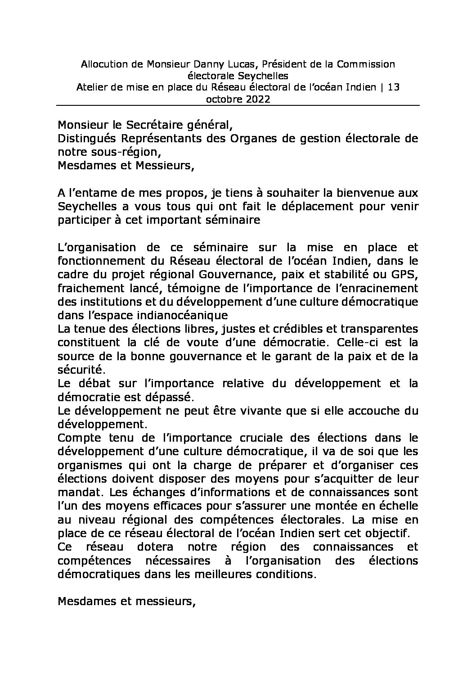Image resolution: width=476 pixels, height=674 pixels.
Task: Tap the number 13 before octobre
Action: point(393,87)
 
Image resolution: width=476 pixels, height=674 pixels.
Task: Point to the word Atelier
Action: point(91,87)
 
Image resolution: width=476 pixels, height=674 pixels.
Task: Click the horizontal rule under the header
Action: point(238,106)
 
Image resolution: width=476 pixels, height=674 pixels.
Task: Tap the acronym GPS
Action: point(406,274)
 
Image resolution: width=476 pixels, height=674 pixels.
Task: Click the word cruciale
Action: point(264,438)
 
